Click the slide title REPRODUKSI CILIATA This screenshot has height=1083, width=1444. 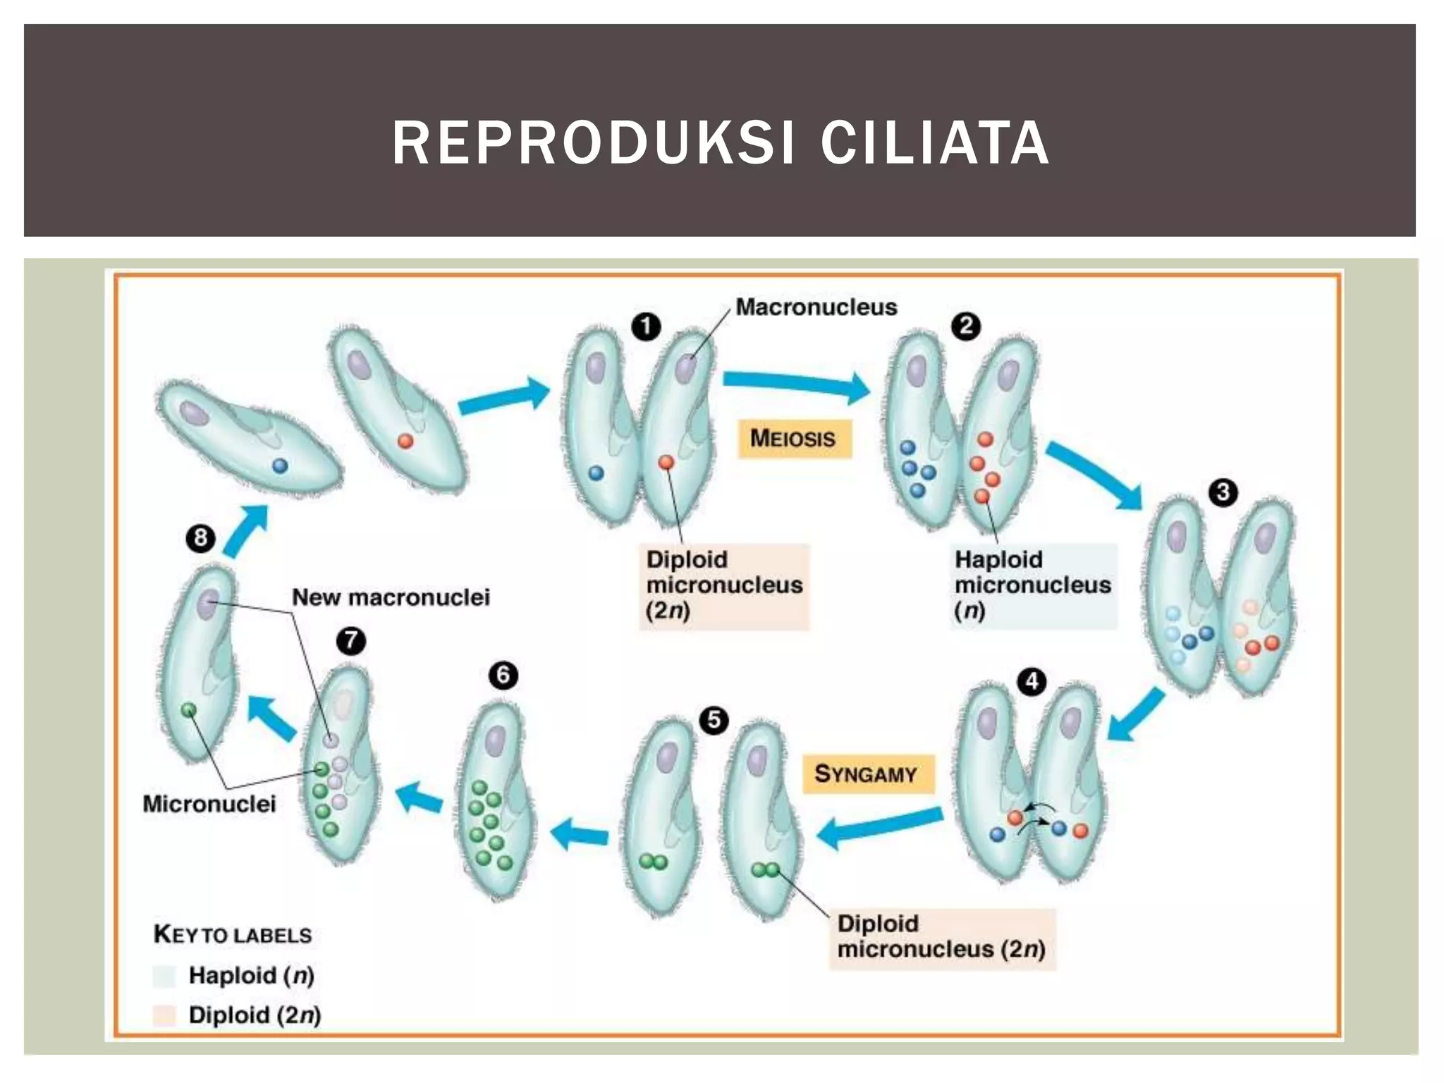[x=721, y=143]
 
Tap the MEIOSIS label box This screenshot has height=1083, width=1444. [x=794, y=439]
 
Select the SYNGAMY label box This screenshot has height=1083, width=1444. [x=867, y=774]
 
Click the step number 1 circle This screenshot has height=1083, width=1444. [x=646, y=326]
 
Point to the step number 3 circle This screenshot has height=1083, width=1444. [x=1223, y=491]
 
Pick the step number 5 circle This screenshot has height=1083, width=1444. [x=714, y=720]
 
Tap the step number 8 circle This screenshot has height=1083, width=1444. [x=200, y=539]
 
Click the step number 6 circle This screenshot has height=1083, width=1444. [x=503, y=675]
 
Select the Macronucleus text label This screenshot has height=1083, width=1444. [x=816, y=307]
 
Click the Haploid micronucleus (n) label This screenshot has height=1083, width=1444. [x=1032, y=585]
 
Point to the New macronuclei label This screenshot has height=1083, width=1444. [x=391, y=597]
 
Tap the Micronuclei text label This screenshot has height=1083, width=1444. [x=209, y=804]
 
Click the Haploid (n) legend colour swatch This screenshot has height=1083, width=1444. [x=164, y=977]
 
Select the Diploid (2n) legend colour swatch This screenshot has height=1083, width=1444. [x=164, y=1015]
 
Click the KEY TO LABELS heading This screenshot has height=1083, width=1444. [x=233, y=935]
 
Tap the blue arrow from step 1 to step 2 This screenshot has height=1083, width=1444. [x=797, y=384]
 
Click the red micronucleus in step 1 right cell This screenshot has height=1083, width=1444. [x=666, y=463]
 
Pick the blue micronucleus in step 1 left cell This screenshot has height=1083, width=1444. [x=596, y=473]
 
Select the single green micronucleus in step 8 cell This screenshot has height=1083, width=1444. [x=188, y=710]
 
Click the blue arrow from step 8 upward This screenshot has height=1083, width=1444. [x=245, y=530]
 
